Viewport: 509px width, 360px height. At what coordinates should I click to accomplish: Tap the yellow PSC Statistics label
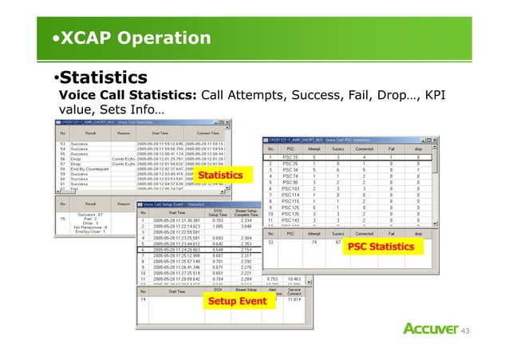point(381,247)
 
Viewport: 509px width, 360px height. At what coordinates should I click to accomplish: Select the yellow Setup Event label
point(237,302)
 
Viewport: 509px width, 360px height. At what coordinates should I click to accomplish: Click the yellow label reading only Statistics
point(219,175)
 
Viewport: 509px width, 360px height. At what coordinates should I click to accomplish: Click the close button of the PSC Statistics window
point(435,140)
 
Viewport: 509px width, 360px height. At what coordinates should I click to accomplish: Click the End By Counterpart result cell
point(88,170)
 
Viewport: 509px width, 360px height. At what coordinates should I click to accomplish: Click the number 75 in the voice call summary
point(63,217)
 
